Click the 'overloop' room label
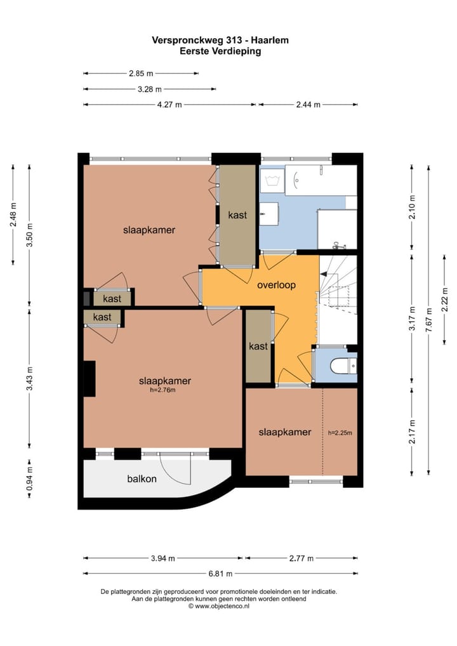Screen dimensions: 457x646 [x=276, y=285]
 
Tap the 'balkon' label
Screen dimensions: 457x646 [x=142, y=478]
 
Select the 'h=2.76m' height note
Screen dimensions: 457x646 [x=162, y=390]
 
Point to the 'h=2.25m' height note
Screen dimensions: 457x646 [x=340, y=433]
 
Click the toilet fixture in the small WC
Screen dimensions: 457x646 [x=340, y=366]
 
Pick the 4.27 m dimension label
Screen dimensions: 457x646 [x=169, y=105]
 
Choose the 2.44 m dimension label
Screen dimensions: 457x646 [x=308, y=105]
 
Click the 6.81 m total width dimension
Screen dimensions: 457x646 [x=220, y=574]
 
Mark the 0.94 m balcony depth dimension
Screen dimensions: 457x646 [x=29, y=478]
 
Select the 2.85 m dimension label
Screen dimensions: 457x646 [x=141, y=74]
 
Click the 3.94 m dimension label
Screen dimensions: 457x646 [x=162, y=558]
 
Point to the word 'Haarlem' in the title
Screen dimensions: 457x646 [x=270, y=41]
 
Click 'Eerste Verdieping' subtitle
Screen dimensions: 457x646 [x=220, y=51]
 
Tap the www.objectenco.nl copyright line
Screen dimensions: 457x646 [x=219, y=606]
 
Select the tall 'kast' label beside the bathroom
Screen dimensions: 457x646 [x=237, y=214]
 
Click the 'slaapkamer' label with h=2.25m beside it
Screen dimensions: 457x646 [x=285, y=432]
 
